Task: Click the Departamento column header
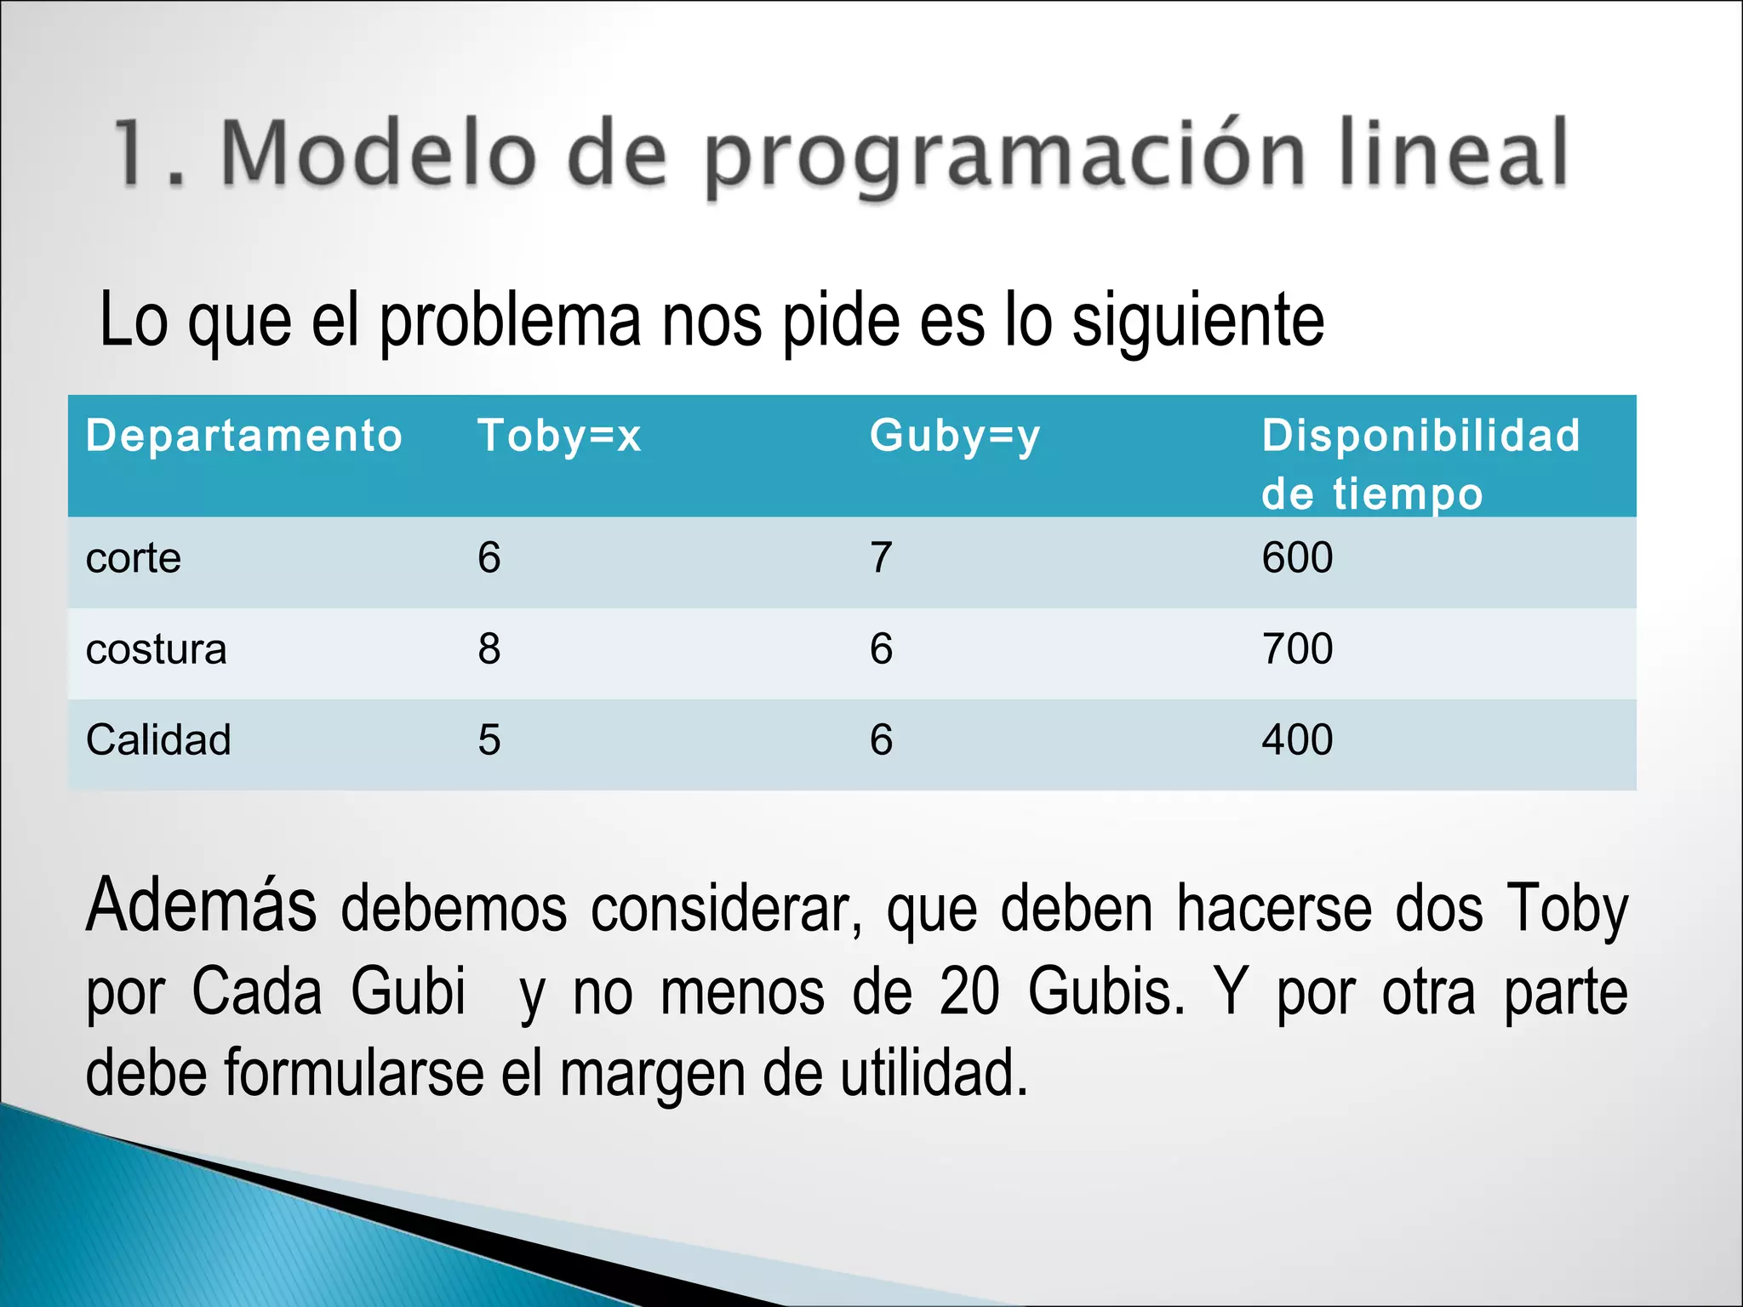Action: pyautogui.click(x=243, y=436)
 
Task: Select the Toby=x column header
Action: pyautogui.click(x=558, y=436)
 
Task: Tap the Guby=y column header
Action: pyautogui.click(x=954, y=436)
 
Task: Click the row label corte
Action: pyautogui.click(x=134, y=559)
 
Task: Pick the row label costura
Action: pyautogui.click(x=157, y=649)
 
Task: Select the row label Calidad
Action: pyautogui.click(x=158, y=739)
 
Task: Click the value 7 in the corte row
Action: pyautogui.click(x=881, y=558)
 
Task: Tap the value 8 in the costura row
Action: pyautogui.click(x=489, y=649)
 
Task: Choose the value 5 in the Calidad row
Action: pyautogui.click(x=489, y=739)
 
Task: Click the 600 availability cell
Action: pyautogui.click(x=1296, y=558)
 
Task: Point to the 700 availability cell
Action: pyautogui.click(x=1296, y=649)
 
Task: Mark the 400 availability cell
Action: pyautogui.click(x=1296, y=739)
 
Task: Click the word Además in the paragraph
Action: pyautogui.click(x=201, y=905)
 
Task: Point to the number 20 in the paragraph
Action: pyautogui.click(x=969, y=992)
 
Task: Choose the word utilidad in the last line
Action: pyautogui.click(x=934, y=1073)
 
